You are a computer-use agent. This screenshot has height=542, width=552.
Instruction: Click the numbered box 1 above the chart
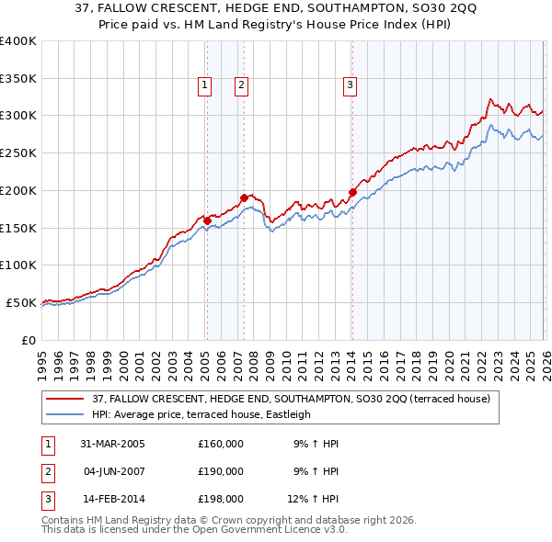tap(203, 86)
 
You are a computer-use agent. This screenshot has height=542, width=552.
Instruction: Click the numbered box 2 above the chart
tap(240, 86)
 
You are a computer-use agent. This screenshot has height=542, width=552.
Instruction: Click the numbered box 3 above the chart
tap(351, 86)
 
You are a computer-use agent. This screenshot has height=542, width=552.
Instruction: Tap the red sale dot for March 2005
tap(207, 220)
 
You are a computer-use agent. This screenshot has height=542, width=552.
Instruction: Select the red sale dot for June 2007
tap(244, 198)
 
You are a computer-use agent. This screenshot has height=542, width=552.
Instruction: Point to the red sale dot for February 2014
tap(352, 192)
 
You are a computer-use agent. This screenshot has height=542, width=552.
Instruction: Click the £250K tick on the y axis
tap(18, 153)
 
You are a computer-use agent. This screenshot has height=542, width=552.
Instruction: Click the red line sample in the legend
tap(66, 399)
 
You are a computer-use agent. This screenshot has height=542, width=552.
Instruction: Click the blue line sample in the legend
tap(66, 414)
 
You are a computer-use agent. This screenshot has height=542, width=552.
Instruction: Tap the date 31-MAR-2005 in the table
tap(113, 444)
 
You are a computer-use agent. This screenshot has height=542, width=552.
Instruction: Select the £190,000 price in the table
tap(221, 471)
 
